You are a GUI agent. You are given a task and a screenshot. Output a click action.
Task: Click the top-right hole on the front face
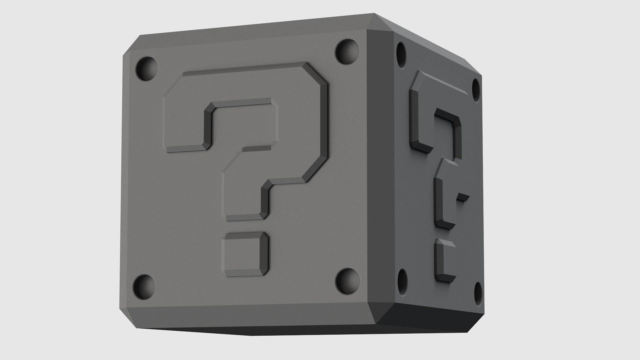coord(347,52)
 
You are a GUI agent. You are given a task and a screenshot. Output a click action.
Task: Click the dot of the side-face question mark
coord(444,260)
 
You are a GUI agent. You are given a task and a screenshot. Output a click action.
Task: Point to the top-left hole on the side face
coord(402,54)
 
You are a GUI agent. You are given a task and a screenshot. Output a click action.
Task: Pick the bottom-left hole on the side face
coord(402,279)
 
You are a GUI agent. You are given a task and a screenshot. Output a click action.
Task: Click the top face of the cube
coord(253,25)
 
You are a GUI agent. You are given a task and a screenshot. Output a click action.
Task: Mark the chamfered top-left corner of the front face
coord(132,47)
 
